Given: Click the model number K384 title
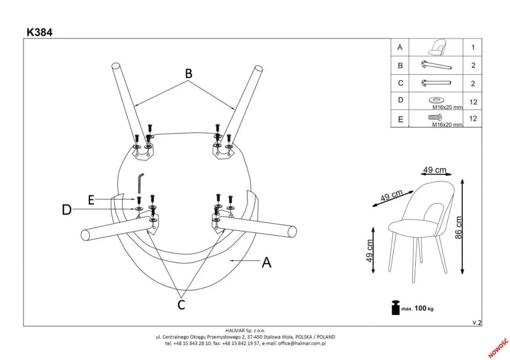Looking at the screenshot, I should pyautogui.click(x=39, y=32).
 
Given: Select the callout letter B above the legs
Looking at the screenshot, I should pyautogui.click(x=189, y=74).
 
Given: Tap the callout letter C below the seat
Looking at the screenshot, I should pyautogui.click(x=181, y=305).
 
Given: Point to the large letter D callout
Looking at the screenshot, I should pyautogui.click(x=67, y=209).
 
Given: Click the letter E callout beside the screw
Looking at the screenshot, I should pyautogui.click(x=91, y=200).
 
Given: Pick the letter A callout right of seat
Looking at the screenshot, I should pyautogui.click(x=266, y=262).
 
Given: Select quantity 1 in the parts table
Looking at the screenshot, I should pyautogui.click(x=473, y=48).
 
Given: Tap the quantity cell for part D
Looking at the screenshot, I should pyautogui.click(x=473, y=102).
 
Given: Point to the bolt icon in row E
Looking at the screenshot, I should pyautogui.click(x=435, y=117).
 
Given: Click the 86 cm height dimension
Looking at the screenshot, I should pyautogui.click(x=459, y=227).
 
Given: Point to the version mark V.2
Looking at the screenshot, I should pyautogui.click(x=477, y=322).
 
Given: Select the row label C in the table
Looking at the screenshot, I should pyautogui.click(x=400, y=83).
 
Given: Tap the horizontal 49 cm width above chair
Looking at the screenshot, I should pyautogui.click(x=434, y=170).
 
